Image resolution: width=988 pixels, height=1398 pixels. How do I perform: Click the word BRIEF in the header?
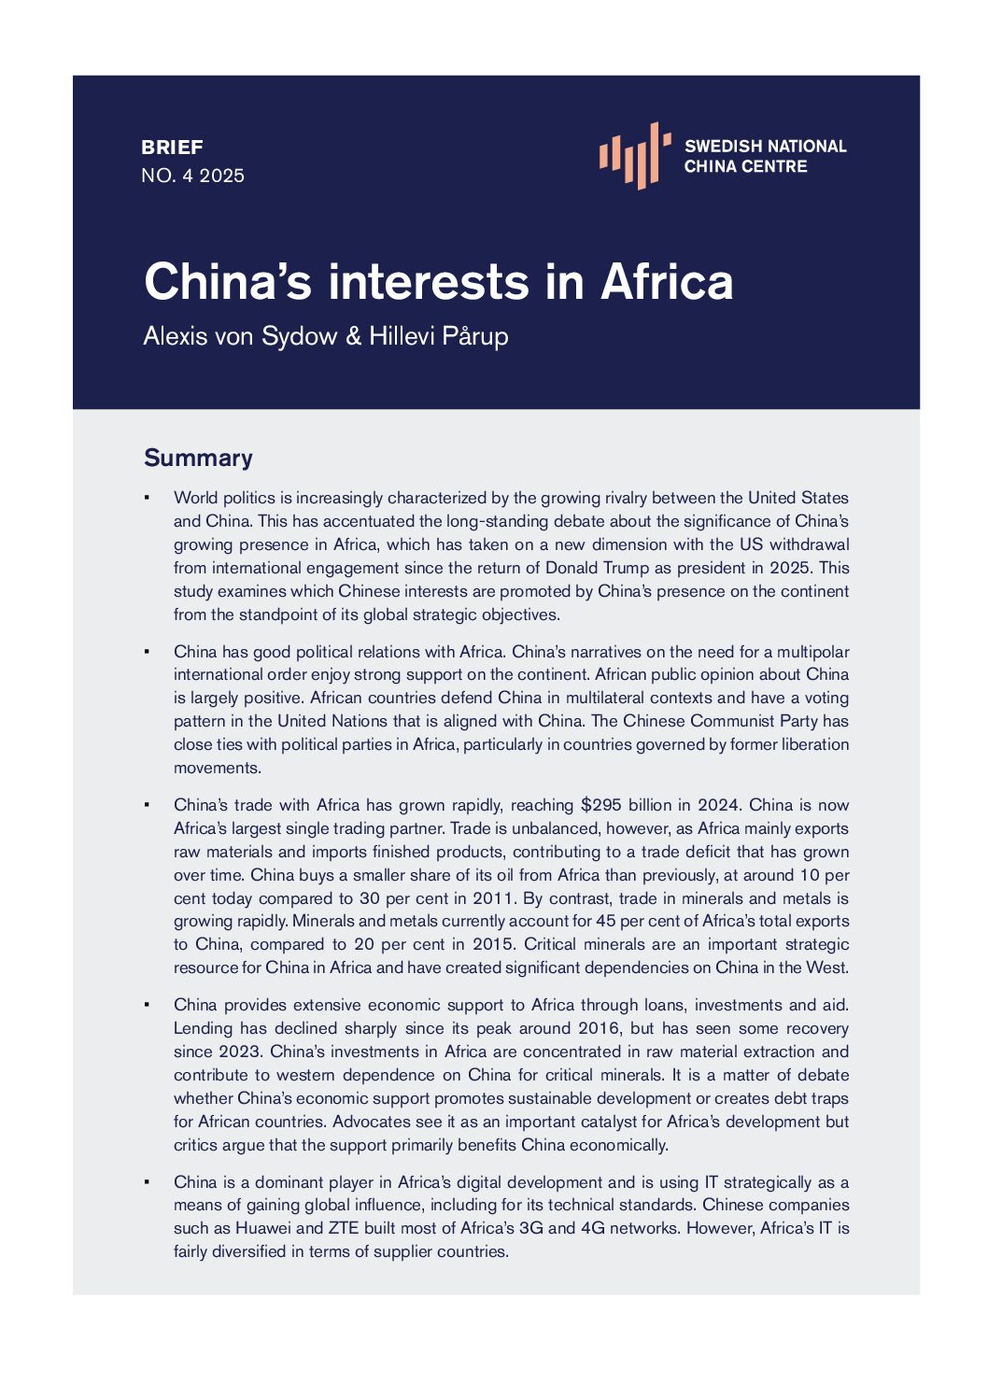[x=172, y=148]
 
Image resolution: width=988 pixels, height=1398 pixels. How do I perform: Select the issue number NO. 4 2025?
[x=192, y=176]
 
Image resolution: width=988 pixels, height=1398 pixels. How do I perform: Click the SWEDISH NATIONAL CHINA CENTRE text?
[x=765, y=156]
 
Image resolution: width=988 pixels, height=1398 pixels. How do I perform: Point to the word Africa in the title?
[x=667, y=281]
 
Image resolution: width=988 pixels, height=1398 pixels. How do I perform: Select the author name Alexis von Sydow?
[x=240, y=336]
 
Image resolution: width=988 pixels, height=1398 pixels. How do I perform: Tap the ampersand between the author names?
[x=353, y=336]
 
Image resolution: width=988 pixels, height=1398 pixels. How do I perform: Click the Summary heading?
[x=198, y=458]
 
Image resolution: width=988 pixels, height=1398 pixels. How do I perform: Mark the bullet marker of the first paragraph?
[x=147, y=498]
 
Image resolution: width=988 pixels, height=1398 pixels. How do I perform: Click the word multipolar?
[x=812, y=652]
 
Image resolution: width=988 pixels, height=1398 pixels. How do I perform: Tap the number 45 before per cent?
[x=605, y=921]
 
